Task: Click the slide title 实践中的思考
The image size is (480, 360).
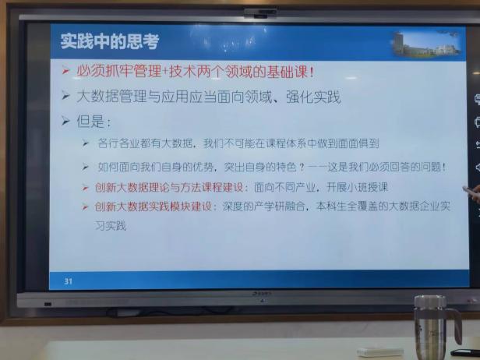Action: (110, 41)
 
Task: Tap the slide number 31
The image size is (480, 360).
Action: (69, 281)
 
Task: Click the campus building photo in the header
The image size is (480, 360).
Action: (427, 44)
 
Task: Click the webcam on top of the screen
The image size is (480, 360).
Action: (260, 12)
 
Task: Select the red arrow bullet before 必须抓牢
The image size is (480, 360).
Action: (65, 71)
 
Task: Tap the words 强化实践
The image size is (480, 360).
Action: (313, 97)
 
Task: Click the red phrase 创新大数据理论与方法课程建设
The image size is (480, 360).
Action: (169, 187)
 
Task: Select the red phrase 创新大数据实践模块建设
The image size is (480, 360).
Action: (154, 206)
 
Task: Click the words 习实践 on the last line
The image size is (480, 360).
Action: (111, 226)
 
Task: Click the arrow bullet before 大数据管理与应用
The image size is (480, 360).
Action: (65, 96)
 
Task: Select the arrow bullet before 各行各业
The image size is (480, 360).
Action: (86, 143)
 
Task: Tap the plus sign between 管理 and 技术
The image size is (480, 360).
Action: (165, 72)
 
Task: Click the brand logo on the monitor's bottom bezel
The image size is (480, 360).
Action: (262, 294)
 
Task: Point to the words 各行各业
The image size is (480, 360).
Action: (118, 143)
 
